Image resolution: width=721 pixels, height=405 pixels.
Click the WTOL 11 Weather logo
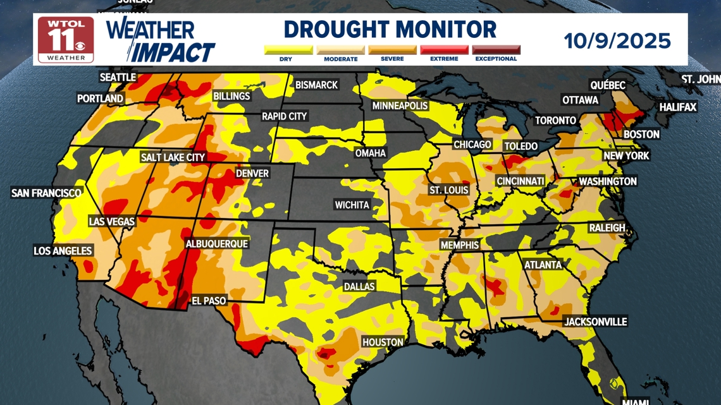66,40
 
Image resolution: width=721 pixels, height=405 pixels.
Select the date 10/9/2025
617,41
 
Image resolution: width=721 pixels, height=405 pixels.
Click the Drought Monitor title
390,30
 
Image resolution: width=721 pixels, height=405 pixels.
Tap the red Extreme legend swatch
444,50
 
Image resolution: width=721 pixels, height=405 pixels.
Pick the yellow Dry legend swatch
288,50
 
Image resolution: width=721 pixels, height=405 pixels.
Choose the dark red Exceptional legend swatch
496,50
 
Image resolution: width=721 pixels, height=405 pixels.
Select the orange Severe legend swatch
392,50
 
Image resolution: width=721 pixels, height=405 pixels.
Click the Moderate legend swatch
340,50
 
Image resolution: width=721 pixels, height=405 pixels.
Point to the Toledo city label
521,147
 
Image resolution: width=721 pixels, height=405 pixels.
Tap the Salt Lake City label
173,157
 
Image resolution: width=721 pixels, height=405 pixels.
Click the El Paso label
209,301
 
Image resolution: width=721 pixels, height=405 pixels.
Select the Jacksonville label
595,322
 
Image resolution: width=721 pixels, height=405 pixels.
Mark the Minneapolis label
400,106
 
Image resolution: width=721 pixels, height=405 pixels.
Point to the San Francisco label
46,193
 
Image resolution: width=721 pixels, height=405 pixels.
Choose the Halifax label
677,107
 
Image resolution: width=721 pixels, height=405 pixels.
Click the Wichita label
352,205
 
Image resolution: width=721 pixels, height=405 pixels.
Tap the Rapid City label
284,116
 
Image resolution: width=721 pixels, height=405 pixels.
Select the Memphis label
460,245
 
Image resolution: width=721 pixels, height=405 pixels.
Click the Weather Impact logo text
161,41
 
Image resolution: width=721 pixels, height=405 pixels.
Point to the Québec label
607,85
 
